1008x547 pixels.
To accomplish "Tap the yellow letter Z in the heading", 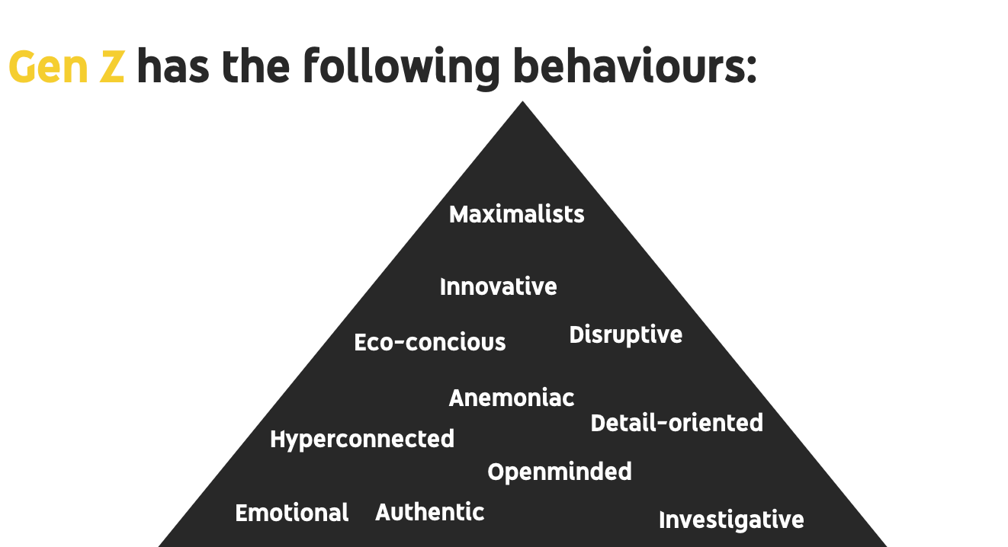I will (111, 67).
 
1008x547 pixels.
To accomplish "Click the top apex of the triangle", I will (522, 104).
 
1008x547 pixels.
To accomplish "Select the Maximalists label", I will (517, 214).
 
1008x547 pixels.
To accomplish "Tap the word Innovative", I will (499, 287).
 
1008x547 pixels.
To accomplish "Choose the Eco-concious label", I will (430, 343).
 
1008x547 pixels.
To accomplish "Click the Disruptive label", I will (626, 334).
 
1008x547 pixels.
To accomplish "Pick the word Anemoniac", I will (512, 398).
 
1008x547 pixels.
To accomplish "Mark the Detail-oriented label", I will (677, 423).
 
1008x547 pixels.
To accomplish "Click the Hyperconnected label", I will (362, 440).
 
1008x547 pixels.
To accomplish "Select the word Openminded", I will (560, 472).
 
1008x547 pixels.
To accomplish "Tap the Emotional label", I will (292, 513).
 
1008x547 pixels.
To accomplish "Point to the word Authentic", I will (430, 512).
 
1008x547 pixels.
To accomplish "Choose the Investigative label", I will (731, 520).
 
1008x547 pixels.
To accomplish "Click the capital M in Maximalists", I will (458, 214).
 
